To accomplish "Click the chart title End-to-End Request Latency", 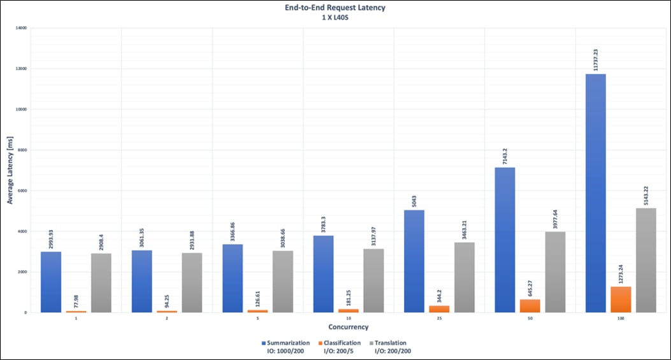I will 335,8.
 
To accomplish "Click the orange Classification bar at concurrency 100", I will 621,299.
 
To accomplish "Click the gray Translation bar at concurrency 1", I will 101,283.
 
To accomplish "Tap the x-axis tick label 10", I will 348,319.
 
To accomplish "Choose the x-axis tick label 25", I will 439,319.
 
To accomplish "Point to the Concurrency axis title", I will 348,328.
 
